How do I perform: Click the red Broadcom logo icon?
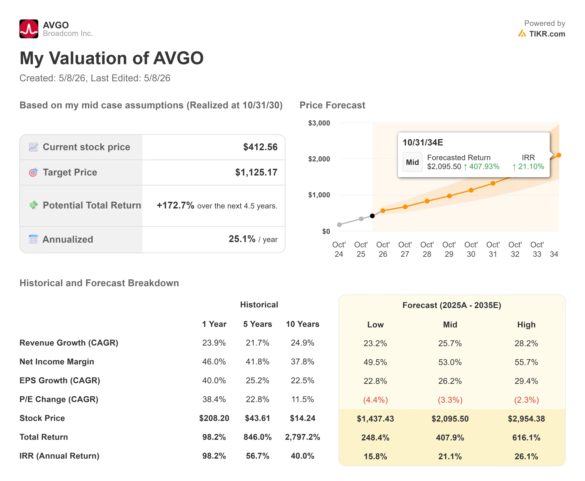click(x=29, y=29)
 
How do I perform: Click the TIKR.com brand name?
click(x=547, y=34)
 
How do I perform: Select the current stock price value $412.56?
click(x=260, y=147)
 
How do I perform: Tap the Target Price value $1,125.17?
click(x=256, y=172)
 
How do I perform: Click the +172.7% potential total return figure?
click(x=175, y=205)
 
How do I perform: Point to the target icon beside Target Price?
click(x=33, y=172)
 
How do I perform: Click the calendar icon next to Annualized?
click(x=33, y=239)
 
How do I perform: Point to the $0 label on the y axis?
click(x=326, y=231)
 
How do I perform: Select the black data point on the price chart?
click(x=372, y=216)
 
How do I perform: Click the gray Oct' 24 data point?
click(x=339, y=224)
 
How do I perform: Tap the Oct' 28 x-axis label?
click(x=427, y=249)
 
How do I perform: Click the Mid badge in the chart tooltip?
click(x=412, y=162)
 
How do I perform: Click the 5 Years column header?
click(x=258, y=324)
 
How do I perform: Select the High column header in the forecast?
click(x=526, y=325)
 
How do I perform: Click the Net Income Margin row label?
click(x=57, y=362)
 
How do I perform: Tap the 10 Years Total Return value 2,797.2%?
click(x=303, y=437)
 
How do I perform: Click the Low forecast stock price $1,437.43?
click(x=375, y=419)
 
